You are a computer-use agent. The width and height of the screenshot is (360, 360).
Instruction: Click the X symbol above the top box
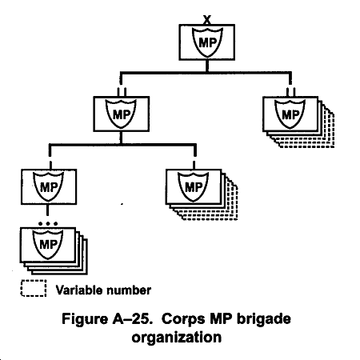[207, 20]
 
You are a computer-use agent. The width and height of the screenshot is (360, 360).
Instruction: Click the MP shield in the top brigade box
[207, 42]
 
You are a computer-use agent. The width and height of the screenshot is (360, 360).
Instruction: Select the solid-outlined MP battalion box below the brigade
[122, 114]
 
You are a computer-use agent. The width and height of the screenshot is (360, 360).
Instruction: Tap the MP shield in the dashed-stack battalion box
[290, 114]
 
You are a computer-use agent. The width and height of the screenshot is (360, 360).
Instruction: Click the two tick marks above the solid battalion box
[122, 91]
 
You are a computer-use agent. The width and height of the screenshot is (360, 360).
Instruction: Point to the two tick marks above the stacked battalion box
[290, 91]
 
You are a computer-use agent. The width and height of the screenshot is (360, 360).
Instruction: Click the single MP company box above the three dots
[49, 186]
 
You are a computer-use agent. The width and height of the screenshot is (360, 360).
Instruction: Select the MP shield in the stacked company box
[193, 186]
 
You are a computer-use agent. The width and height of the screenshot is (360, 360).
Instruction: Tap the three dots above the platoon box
[48, 223]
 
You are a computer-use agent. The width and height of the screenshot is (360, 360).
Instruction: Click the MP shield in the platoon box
[48, 244]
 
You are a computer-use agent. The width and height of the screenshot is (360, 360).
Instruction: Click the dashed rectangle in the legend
[34, 288]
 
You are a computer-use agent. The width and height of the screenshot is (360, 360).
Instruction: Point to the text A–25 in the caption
[133, 319]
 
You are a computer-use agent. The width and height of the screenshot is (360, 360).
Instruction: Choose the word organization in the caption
[177, 338]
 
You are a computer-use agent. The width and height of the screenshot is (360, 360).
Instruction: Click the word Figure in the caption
[85, 319]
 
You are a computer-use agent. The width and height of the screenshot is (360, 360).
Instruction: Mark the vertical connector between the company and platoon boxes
[47, 210]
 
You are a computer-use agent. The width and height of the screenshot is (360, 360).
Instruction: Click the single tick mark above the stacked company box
[194, 165]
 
